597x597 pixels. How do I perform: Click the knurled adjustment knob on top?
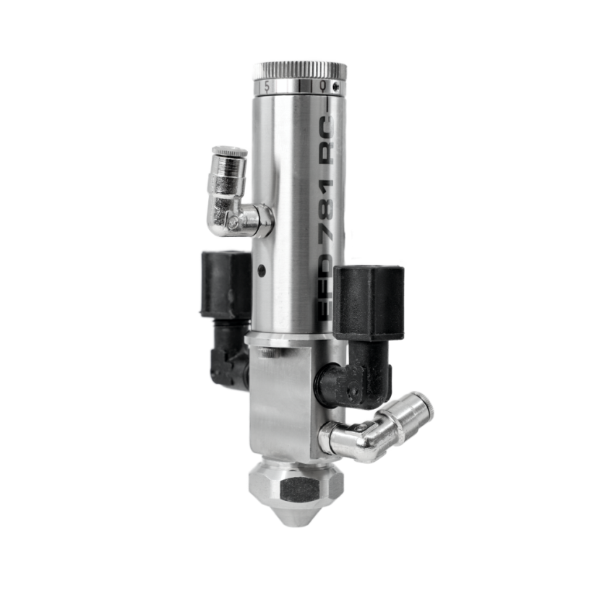tap(299, 71)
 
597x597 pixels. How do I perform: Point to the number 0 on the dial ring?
tap(323, 86)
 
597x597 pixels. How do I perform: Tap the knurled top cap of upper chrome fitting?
tap(229, 153)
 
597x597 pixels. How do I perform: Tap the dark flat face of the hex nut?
tap(299, 490)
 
